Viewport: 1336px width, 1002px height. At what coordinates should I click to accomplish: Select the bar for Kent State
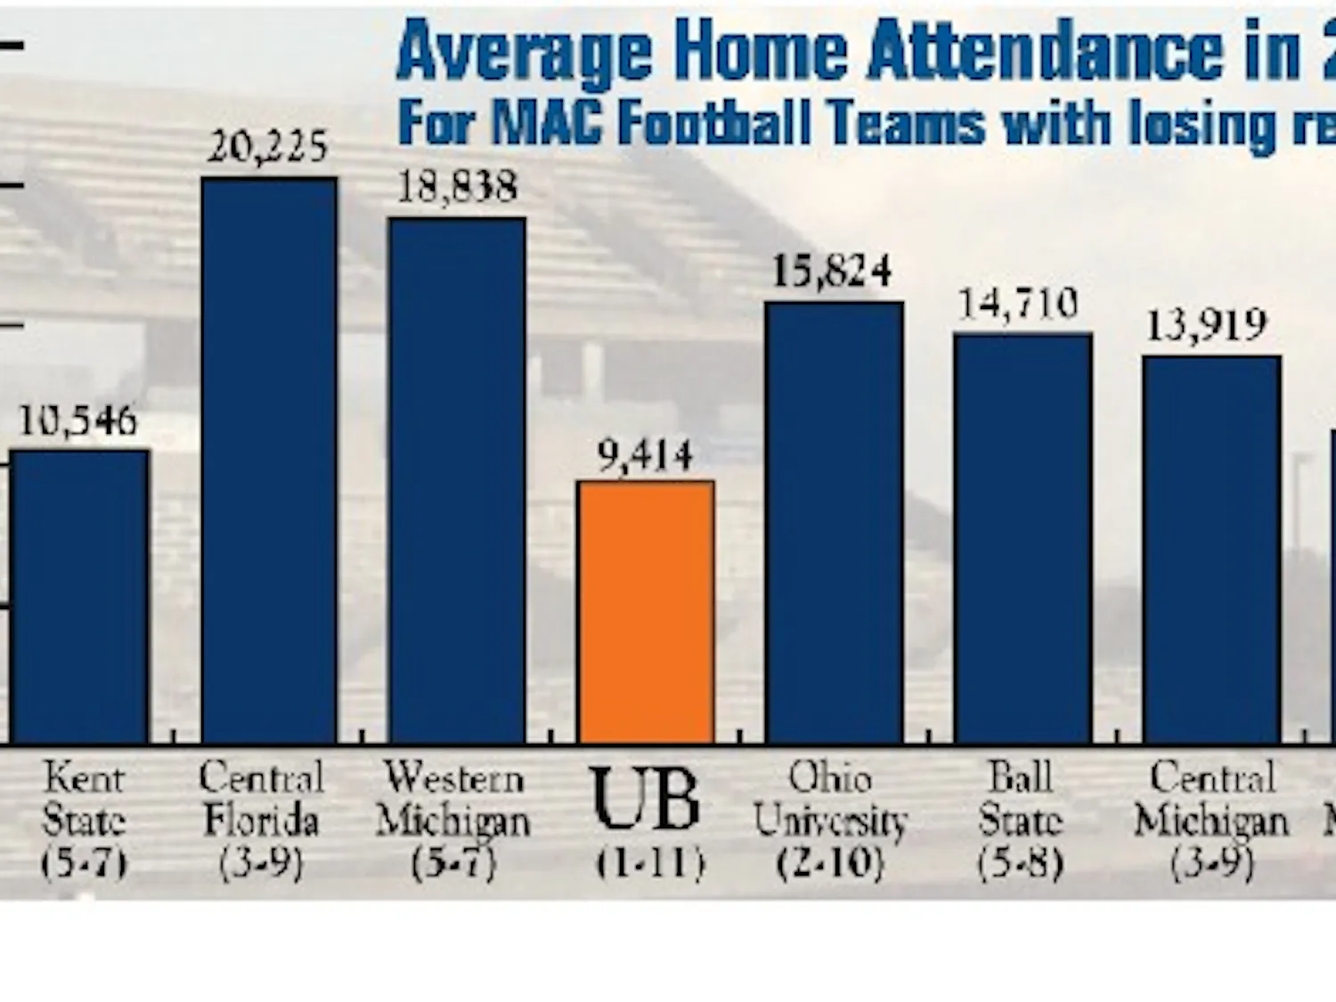click(80, 596)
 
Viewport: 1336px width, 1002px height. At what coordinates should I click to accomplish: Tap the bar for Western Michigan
click(457, 480)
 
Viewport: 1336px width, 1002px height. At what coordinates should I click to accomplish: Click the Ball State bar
click(1022, 538)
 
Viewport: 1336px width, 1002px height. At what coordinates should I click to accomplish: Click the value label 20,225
click(268, 146)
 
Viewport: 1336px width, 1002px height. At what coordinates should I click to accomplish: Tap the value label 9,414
click(645, 456)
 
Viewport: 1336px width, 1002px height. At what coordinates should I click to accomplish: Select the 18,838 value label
click(457, 187)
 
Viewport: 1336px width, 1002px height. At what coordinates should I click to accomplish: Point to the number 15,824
click(832, 271)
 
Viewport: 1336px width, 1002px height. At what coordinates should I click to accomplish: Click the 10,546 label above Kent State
click(78, 420)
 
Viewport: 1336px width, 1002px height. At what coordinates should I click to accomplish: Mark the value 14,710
click(1018, 305)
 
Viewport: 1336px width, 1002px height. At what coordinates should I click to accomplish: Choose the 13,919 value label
click(1206, 325)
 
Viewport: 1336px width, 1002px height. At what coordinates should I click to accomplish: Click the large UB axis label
click(647, 799)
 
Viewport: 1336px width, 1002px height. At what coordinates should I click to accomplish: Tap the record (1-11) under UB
click(650, 862)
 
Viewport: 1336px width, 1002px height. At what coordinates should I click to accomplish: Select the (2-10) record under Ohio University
click(830, 862)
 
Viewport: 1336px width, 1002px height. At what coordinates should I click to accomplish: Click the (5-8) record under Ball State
click(1021, 862)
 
